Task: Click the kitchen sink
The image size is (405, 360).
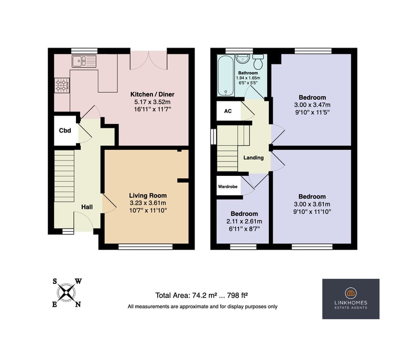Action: point(84,61)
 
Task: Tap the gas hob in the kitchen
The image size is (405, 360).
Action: point(62,85)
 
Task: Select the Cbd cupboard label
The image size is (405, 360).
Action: point(65,131)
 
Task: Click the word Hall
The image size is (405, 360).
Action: point(87,207)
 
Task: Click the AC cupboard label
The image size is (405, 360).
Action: point(228,111)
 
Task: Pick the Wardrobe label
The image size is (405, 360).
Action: point(228,186)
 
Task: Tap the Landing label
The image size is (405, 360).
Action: point(253,158)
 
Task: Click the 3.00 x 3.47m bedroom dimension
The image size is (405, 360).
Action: point(312,105)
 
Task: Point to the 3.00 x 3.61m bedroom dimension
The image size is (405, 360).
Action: point(312,204)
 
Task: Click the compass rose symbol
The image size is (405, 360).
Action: point(66,292)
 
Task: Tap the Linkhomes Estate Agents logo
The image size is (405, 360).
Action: point(351,299)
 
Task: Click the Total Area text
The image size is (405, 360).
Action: point(202,295)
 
